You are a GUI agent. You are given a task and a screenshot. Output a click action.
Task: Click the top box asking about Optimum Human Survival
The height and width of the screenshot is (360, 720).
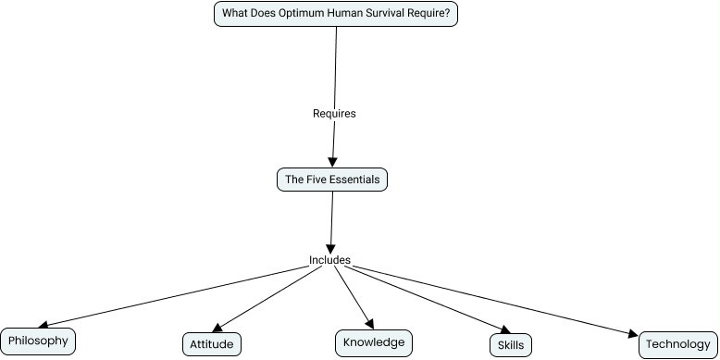coord(336,14)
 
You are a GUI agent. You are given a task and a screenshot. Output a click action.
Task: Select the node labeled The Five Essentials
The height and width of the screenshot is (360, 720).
coord(331,180)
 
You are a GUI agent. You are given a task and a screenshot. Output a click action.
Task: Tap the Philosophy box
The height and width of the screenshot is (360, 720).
coord(38,341)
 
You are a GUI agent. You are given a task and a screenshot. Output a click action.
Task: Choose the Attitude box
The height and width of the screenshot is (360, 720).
coord(212,344)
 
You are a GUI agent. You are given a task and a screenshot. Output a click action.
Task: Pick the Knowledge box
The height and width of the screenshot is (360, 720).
coord(373,342)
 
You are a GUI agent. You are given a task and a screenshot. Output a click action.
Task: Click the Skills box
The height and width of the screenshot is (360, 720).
coord(510,345)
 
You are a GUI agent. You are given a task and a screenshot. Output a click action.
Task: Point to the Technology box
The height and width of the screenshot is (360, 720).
coord(677,344)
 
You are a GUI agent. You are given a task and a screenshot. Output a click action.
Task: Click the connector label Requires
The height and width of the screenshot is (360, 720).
coord(334,113)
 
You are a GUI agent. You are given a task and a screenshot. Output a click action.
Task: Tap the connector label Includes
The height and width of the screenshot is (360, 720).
coord(329,260)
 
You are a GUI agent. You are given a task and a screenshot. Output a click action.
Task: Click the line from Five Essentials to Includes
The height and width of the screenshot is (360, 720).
coord(330,222)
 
